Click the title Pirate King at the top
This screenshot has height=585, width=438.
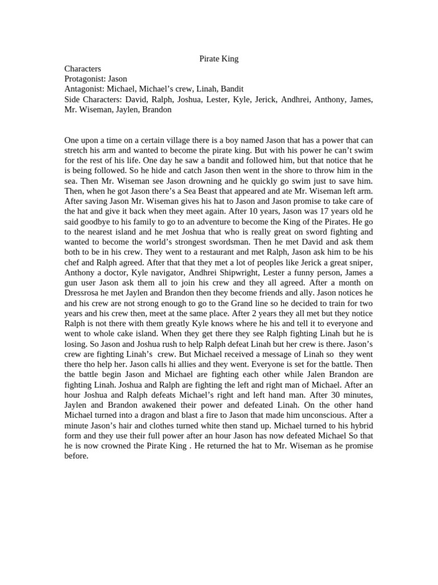tap(219, 58)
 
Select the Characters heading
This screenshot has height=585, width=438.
tap(83, 69)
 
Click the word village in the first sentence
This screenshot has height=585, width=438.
tap(185, 140)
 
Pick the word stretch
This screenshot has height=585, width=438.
tap(76, 150)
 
